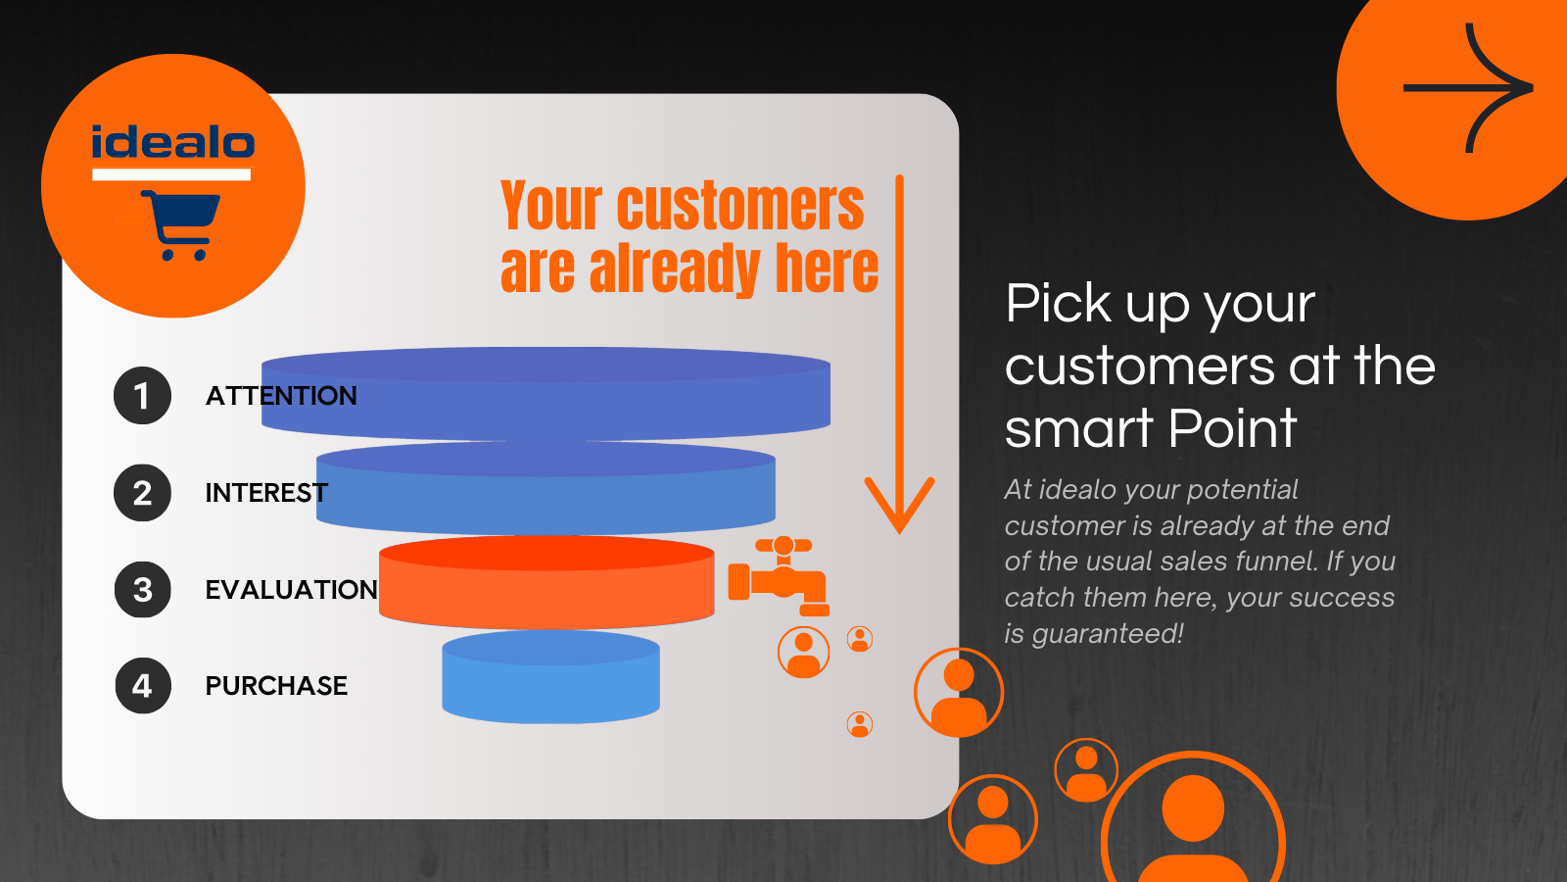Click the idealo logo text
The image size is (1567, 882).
[x=172, y=143]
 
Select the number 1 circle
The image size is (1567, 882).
[x=142, y=396]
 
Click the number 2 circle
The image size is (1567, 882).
[x=142, y=493]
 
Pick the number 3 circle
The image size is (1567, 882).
[x=142, y=590]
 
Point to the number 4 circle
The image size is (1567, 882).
[x=142, y=686]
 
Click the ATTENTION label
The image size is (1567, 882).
[x=281, y=396]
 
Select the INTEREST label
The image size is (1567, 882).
[x=265, y=493]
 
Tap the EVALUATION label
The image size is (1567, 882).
[x=291, y=590]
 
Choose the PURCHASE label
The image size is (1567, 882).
[x=276, y=686]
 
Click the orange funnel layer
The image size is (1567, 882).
[x=546, y=583]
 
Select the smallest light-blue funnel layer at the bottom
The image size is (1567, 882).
[x=550, y=678]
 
